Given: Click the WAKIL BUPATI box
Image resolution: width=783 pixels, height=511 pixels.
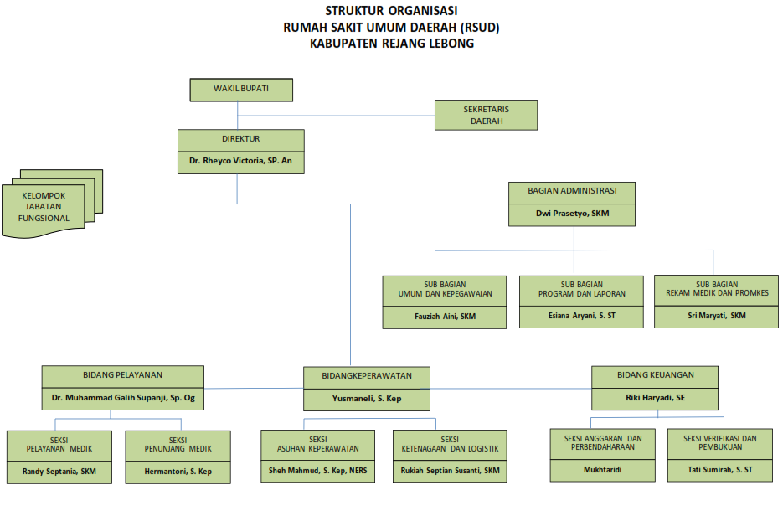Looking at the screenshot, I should [241, 88].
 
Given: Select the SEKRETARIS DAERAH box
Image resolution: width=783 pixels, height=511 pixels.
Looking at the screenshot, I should [486, 115].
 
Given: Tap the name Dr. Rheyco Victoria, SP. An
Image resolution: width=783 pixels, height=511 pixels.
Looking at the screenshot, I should [240, 160].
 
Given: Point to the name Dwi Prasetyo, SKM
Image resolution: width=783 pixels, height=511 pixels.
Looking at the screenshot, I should [573, 214].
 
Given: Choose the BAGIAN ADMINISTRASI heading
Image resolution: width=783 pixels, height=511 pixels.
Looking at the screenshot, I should [573, 191].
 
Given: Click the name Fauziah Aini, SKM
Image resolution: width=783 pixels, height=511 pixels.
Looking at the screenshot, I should [444, 316].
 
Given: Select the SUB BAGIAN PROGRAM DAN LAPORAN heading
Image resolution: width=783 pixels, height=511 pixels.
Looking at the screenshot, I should [581, 289].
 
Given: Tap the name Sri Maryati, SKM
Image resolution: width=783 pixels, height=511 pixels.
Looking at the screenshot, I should [716, 316].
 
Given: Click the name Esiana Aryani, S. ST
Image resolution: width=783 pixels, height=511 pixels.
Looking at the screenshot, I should [581, 316].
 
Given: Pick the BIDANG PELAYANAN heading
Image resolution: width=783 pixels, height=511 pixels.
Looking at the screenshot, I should [122, 375].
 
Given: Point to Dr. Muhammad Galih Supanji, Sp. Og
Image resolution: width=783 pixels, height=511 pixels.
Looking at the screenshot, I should [122, 398].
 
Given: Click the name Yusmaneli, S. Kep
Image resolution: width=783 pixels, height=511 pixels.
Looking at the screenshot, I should [367, 399].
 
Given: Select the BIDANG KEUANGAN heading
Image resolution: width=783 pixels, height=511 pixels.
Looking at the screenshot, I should [655, 375].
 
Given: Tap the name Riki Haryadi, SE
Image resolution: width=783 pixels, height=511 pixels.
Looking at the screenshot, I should [655, 398].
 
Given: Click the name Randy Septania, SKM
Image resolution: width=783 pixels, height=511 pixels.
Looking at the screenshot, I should [59, 472].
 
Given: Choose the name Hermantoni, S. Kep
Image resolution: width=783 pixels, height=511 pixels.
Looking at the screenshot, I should [178, 472].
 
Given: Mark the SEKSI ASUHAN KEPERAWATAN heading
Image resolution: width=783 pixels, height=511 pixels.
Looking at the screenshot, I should [317, 443].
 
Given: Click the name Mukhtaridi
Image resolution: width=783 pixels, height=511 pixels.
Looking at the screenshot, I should [602, 470].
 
